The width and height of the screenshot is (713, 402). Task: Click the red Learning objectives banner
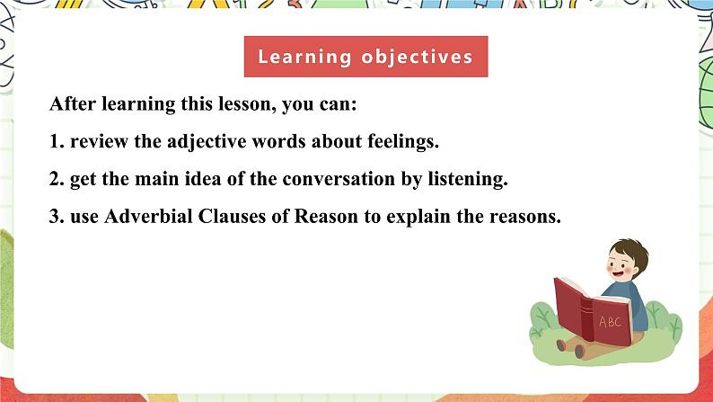tap(365, 57)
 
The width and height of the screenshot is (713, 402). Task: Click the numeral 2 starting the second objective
tap(55, 179)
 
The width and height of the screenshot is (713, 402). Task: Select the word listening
tap(467, 179)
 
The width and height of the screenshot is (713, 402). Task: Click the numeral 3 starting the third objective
tap(55, 217)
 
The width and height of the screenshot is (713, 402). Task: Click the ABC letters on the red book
tap(609, 321)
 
